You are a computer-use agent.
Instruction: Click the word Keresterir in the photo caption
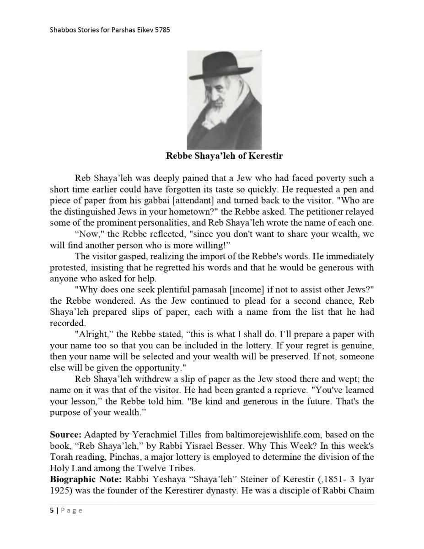[x=265, y=156]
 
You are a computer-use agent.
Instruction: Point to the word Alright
[x=92, y=334]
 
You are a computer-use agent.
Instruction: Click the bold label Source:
[x=65, y=435]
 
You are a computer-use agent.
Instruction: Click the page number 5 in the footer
[x=52, y=511]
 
